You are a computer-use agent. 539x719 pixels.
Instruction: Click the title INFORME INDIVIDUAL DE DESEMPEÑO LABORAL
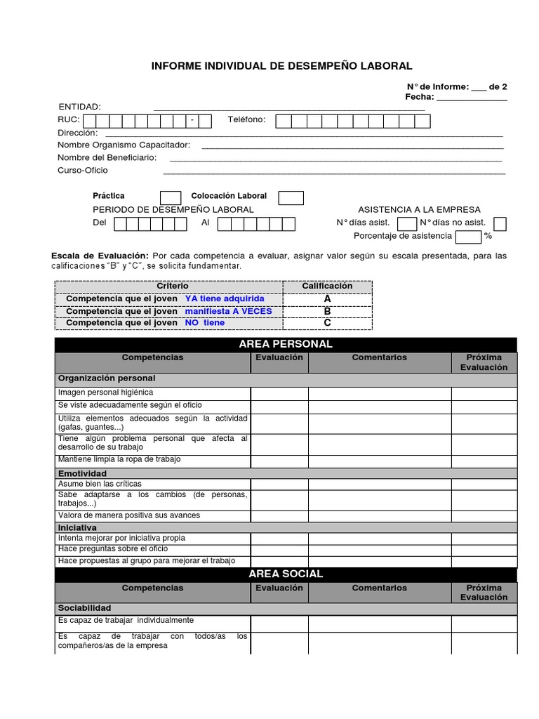pyautogui.click(x=282, y=66)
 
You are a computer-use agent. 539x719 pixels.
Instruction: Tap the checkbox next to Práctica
pyautogui.click(x=171, y=197)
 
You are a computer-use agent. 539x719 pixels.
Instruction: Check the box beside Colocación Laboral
pyautogui.click(x=291, y=197)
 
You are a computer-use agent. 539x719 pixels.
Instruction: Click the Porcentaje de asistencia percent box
pyautogui.click(x=468, y=237)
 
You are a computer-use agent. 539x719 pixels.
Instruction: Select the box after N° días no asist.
pyautogui.click(x=500, y=224)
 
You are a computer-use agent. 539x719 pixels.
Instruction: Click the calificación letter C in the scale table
pyautogui.click(x=327, y=323)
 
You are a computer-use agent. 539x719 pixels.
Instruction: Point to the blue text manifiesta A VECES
pyautogui.click(x=228, y=311)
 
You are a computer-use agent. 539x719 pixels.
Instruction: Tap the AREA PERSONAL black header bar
pyautogui.click(x=286, y=344)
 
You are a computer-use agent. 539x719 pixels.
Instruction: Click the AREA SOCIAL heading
pyautogui.click(x=286, y=574)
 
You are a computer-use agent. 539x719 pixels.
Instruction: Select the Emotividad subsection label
pyautogui.click(x=83, y=474)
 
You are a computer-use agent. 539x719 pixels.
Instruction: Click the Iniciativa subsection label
pyautogui.click(x=78, y=527)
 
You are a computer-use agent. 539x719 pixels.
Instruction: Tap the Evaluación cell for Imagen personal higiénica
pyautogui.click(x=279, y=393)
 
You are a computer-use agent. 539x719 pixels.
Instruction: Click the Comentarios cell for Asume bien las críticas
pyautogui.click(x=379, y=484)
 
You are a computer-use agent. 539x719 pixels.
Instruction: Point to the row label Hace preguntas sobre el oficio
pyautogui.click(x=113, y=549)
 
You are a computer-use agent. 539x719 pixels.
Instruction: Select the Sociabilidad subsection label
pyautogui.click(x=85, y=608)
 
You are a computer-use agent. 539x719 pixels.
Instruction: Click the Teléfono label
pyautogui.click(x=247, y=120)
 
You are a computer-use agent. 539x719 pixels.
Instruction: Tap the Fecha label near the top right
pyautogui.click(x=419, y=97)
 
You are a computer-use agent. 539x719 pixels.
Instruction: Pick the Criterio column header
pyautogui.click(x=173, y=286)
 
